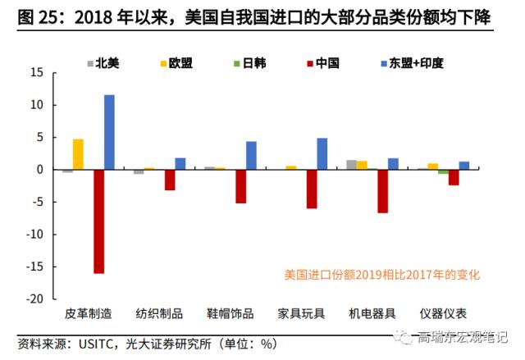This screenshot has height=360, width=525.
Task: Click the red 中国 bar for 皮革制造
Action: point(98,221)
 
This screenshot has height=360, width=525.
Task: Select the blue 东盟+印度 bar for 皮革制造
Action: point(109,132)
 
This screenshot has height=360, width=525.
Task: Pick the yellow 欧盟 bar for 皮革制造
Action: point(78,154)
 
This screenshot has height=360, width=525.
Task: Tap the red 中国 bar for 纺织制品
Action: point(170,180)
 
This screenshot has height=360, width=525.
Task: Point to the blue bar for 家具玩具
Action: point(322,153)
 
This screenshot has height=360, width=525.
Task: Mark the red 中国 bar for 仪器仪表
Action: point(454,177)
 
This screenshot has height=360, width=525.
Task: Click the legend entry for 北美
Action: point(104,62)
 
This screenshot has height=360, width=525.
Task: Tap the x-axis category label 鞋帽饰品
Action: point(230,313)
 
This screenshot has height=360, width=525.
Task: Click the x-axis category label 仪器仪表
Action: point(443,313)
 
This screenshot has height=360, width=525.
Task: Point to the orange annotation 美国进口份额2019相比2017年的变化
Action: point(381,275)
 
